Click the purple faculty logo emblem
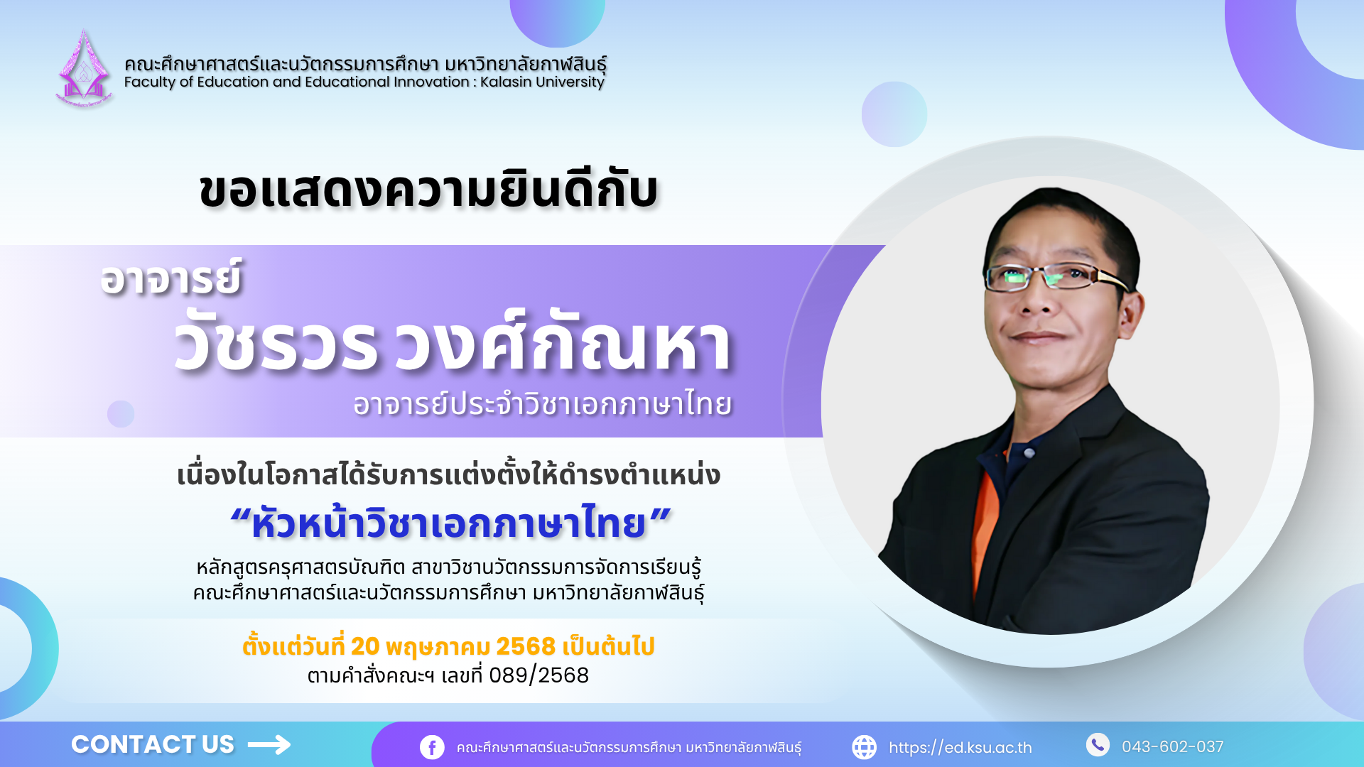coord(84,68)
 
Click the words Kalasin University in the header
coord(542,82)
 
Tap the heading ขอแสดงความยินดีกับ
coord(429,190)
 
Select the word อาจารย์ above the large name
coord(171,277)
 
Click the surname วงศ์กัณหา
coord(563,343)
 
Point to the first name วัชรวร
coord(276,343)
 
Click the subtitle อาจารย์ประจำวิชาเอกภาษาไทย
coord(543,403)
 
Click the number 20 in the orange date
coord(365,646)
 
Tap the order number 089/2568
coord(539,675)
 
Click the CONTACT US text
coord(153,744)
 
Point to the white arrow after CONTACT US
coord(269,744)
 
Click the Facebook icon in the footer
coord(432,747)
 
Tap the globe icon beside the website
coord(864,747)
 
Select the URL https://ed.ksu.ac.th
coord(960,748)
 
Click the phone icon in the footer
coord(1098,744)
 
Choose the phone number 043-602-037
coord(1173,746)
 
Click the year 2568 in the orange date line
coord(526,646)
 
